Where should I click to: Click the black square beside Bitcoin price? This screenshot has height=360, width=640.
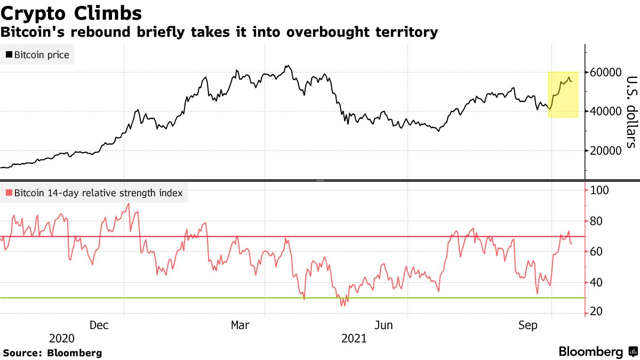click(9, 54)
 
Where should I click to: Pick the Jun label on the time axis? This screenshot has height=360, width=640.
click(385, 325)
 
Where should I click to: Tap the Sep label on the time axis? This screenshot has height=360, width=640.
click(527, 325)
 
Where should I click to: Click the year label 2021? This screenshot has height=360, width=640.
click(354, 338)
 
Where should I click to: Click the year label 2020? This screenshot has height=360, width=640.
click(62, 338)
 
